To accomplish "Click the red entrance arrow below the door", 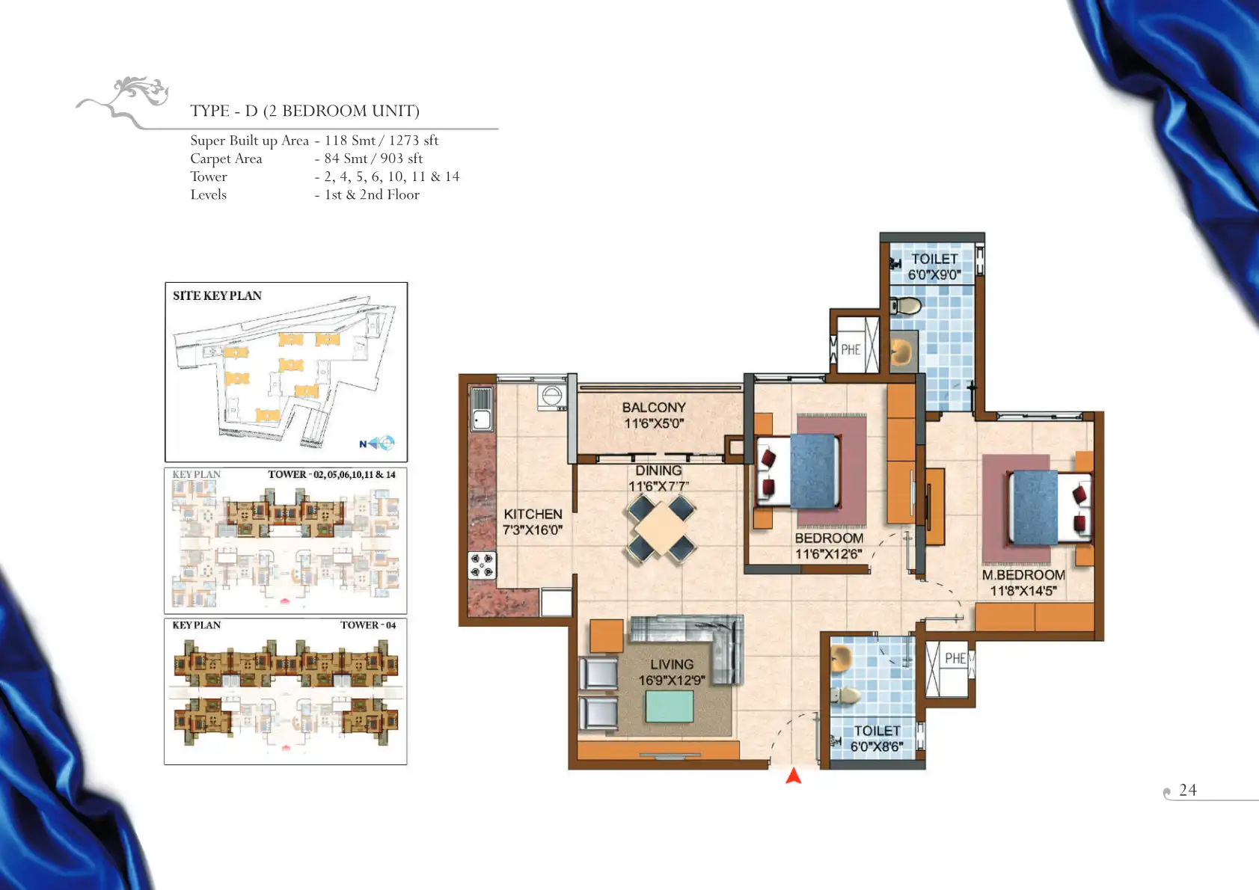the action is tap(793, 776).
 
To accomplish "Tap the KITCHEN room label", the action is tap(533, 514).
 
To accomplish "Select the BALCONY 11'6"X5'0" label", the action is tap(655, 415).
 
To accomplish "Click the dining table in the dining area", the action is tap(661, 527).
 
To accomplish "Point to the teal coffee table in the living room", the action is tap(669, 706).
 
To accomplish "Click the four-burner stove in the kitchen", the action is tap(483, 565).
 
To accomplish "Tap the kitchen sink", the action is tap(482, 409).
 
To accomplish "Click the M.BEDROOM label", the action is tap(1023, 575).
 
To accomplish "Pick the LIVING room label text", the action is tap(672, 664).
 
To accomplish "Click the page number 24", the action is tap(1188, 790).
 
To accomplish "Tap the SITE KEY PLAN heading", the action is tap(217, 295).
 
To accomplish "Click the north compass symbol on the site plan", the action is tap(377, 444).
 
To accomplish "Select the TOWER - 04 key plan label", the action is tap(368, 624).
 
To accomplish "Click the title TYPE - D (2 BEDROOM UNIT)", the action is tap(304, 111).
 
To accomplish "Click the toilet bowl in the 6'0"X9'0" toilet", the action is tap(905, 306).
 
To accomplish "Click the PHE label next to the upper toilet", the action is tap(851, 349).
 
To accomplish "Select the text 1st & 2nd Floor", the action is tap(372, 194).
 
